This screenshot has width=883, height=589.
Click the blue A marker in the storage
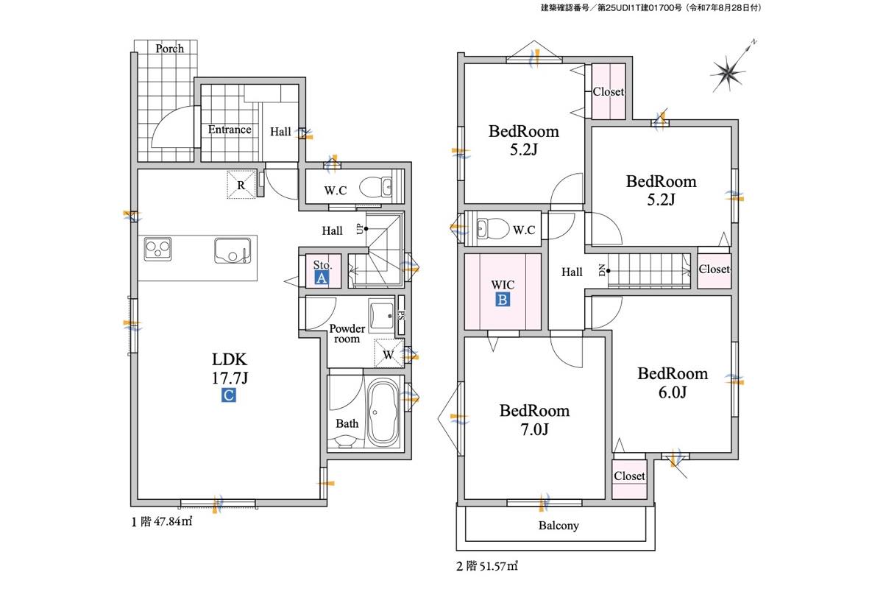[x=322, y=278]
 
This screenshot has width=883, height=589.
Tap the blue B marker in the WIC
[x=502, y=300]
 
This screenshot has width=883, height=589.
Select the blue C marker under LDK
[x=229, y=395]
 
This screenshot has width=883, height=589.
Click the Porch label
[x=169, y=49]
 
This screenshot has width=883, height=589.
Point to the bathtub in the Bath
[x=383, y=412]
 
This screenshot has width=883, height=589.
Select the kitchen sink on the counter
[x=233, y=250]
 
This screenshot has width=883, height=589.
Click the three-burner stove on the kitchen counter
[x=157, y=249]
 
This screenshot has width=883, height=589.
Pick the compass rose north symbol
[x=729, y=71]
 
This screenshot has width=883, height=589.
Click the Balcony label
[x=558, y=526]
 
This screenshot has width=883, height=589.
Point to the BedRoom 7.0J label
[x=534, y=420]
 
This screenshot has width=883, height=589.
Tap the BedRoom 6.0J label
[x=673, y=383]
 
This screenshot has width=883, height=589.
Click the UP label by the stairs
[x=359, y=229]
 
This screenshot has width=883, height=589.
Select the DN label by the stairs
[x=602, y=271]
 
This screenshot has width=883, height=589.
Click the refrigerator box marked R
[x=241, y=185]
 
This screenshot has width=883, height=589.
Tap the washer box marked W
[x=389, y=353]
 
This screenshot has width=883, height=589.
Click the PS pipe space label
[x=401, y=315]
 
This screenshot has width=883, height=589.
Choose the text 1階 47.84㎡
[x=162, y=521]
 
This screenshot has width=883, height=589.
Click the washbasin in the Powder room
[x=381, y=314]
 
